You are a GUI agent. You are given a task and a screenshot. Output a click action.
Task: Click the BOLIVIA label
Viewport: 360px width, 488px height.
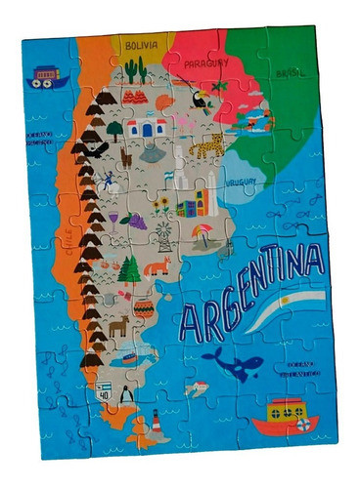coord(142,45)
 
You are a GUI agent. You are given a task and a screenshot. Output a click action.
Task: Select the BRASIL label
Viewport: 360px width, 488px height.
coord(291,72)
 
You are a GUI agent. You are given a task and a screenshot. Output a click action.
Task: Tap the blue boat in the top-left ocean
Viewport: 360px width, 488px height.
coord(44,77)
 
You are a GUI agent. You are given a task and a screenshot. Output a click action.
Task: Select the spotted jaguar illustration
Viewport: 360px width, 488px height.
coord(207,147)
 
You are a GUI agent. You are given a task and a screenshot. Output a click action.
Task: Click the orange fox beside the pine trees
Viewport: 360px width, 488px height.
coord(157,266)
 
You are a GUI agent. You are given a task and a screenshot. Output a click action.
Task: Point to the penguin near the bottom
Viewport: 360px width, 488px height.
coord(126,392)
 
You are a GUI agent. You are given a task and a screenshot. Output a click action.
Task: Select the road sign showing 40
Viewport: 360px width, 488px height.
coord(103,391)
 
